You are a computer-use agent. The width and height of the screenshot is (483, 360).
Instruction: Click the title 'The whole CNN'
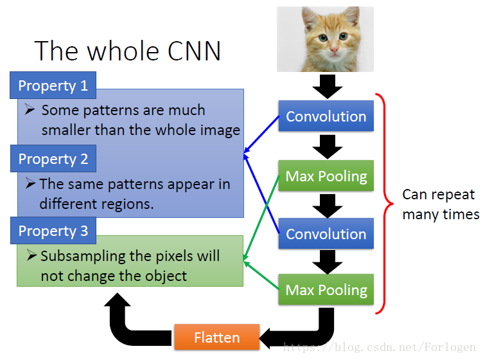pyautogui.click(x=127, y=51)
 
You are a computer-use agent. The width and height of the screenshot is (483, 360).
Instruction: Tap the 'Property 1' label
pyautogui.click(x=53, y=85)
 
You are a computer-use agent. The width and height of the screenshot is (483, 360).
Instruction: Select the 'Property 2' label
pyautogui.click(x=53, y=159)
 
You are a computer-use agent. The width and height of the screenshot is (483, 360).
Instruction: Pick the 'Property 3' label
pyautogui.click(x=53, y=231)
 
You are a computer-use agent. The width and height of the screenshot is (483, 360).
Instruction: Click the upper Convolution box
pyautogui.click(x=326, y=116)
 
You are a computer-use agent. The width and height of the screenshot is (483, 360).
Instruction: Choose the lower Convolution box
pyautogui.click(x=326, y=234)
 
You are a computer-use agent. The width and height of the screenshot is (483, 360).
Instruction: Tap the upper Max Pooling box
pyautogui.click(x=326, y=176)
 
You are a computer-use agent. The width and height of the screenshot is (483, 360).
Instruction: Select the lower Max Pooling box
pyautogui.click(x=326, y=289)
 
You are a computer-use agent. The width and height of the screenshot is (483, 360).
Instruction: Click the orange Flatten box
pyautogui.click(x=216, y=337)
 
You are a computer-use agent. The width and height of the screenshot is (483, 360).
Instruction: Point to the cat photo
pyautogui.click(x=325, y=39)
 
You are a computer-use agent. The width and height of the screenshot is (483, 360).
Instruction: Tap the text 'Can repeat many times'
pyautogui.click(x=440, y=204)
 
